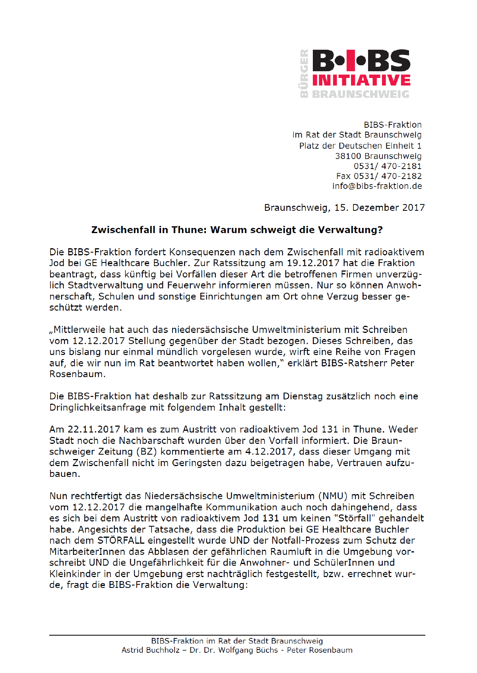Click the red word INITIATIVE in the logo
click(361, 80)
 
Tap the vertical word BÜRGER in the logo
click(304, 73)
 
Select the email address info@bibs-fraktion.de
click(377, 186)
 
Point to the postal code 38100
click(348, 156)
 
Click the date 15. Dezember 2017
click(379, 208)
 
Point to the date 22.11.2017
click(94, 430)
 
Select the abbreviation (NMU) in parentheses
click(333, 496)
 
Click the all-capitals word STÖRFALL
click(121, 541)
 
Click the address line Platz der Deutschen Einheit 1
click(360, 146)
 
